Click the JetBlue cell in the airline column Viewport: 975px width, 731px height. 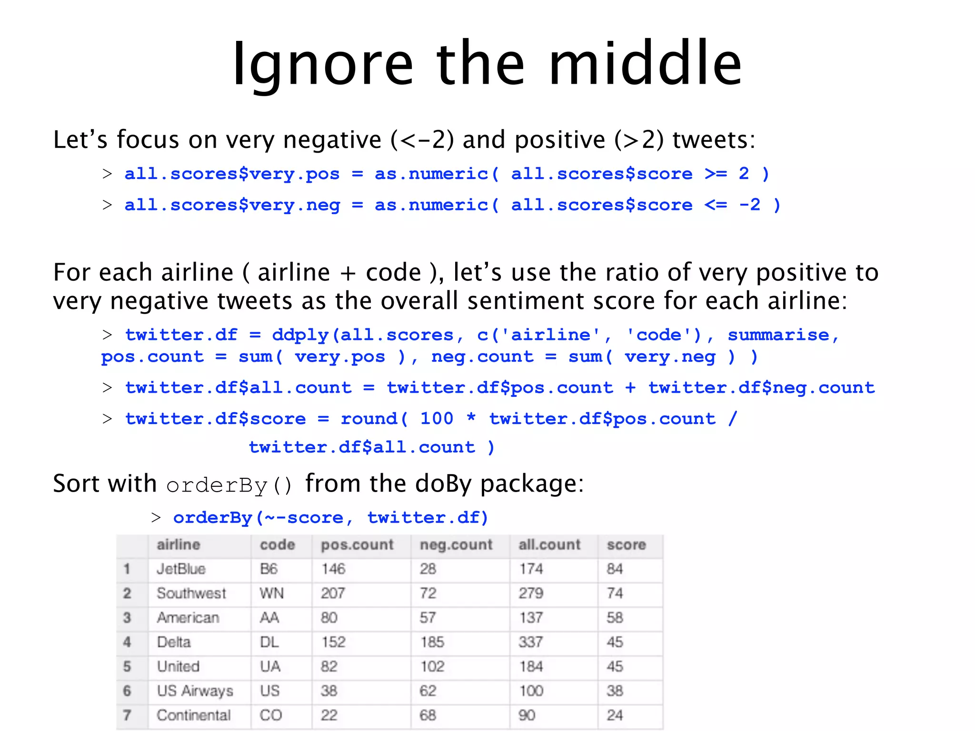(181, 569)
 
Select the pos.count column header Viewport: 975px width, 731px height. (357, 544)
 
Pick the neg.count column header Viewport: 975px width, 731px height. (456, 544)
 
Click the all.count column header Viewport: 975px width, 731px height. (549, 544)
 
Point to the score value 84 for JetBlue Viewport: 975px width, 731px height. (615, 569)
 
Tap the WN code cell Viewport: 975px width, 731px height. (271, 593)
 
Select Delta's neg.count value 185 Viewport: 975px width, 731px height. (432, 642)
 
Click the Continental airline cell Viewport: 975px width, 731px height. (193, 715)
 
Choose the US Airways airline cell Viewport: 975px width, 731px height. (195, 691)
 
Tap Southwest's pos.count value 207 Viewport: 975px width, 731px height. (333, 593)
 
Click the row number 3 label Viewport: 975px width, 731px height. (127, 618)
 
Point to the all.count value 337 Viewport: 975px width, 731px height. (531, 642)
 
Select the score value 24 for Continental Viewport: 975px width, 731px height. (615, 715)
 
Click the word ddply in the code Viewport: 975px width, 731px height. (300, 336)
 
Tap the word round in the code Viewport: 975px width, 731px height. (369, 419)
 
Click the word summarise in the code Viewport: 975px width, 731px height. (778, 335)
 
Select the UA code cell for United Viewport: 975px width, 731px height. (270, 666)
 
